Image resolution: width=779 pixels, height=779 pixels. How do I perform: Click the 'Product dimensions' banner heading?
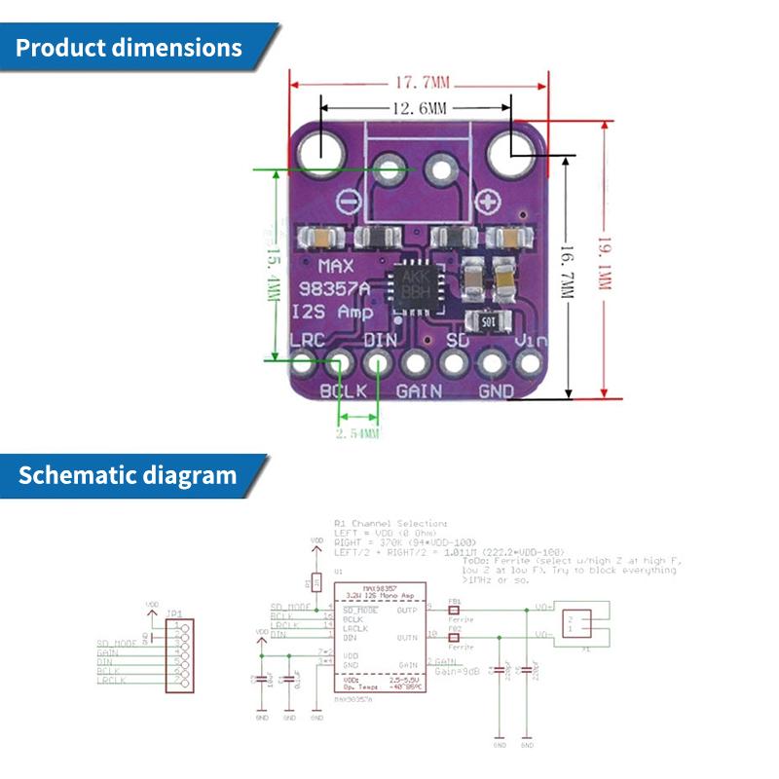[129, 48]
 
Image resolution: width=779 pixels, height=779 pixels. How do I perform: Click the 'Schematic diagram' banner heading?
[127, 476]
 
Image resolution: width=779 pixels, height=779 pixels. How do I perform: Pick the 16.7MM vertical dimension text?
[568, 275]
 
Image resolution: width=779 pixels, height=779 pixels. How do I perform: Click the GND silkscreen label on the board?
[497, 391]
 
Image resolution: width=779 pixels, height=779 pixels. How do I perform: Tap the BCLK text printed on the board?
[343, 391]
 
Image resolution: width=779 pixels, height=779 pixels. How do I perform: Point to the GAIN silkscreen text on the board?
[420, 391]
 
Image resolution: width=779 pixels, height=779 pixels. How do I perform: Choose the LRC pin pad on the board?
[304, 365]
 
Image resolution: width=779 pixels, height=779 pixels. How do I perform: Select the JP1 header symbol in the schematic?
[178, 652]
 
